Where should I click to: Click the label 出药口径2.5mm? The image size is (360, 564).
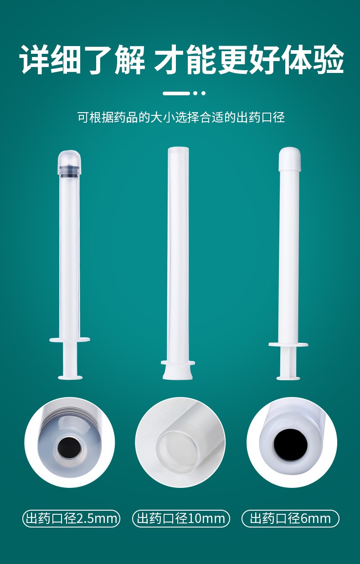coord(72,518)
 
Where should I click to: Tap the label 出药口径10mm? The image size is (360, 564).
coord(181,518)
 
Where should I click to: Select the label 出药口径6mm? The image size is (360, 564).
coord(290,518)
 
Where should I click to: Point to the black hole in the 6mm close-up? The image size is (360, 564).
coord(290,444)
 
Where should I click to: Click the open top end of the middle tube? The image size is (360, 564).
coord(178,150)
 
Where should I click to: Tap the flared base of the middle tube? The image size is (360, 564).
coord(178,371)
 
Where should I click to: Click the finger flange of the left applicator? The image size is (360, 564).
coord(69,339)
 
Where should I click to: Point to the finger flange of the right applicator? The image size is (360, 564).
coord(288,344)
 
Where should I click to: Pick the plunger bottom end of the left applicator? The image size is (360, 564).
coord(70,377)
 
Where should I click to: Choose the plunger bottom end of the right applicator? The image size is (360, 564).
coord(288,377)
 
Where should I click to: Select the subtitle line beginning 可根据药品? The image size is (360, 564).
coord(181,117)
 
